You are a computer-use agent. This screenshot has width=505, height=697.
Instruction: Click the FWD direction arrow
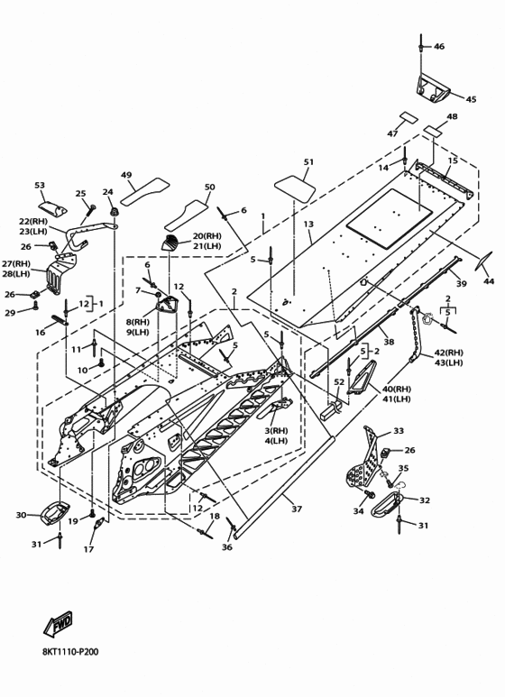(58, 623)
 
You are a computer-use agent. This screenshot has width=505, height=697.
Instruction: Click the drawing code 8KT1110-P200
(70, 652)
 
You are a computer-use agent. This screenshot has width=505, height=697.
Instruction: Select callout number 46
(439, 46)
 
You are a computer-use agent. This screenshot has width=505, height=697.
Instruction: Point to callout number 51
(308, 161)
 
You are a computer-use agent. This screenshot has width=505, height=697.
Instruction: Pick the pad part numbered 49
(145, 192)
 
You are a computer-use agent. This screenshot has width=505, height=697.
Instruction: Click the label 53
(40, 185)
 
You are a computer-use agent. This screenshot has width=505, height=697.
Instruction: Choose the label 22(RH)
(32, 222)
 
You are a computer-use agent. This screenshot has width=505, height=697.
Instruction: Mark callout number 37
(297, 509)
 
